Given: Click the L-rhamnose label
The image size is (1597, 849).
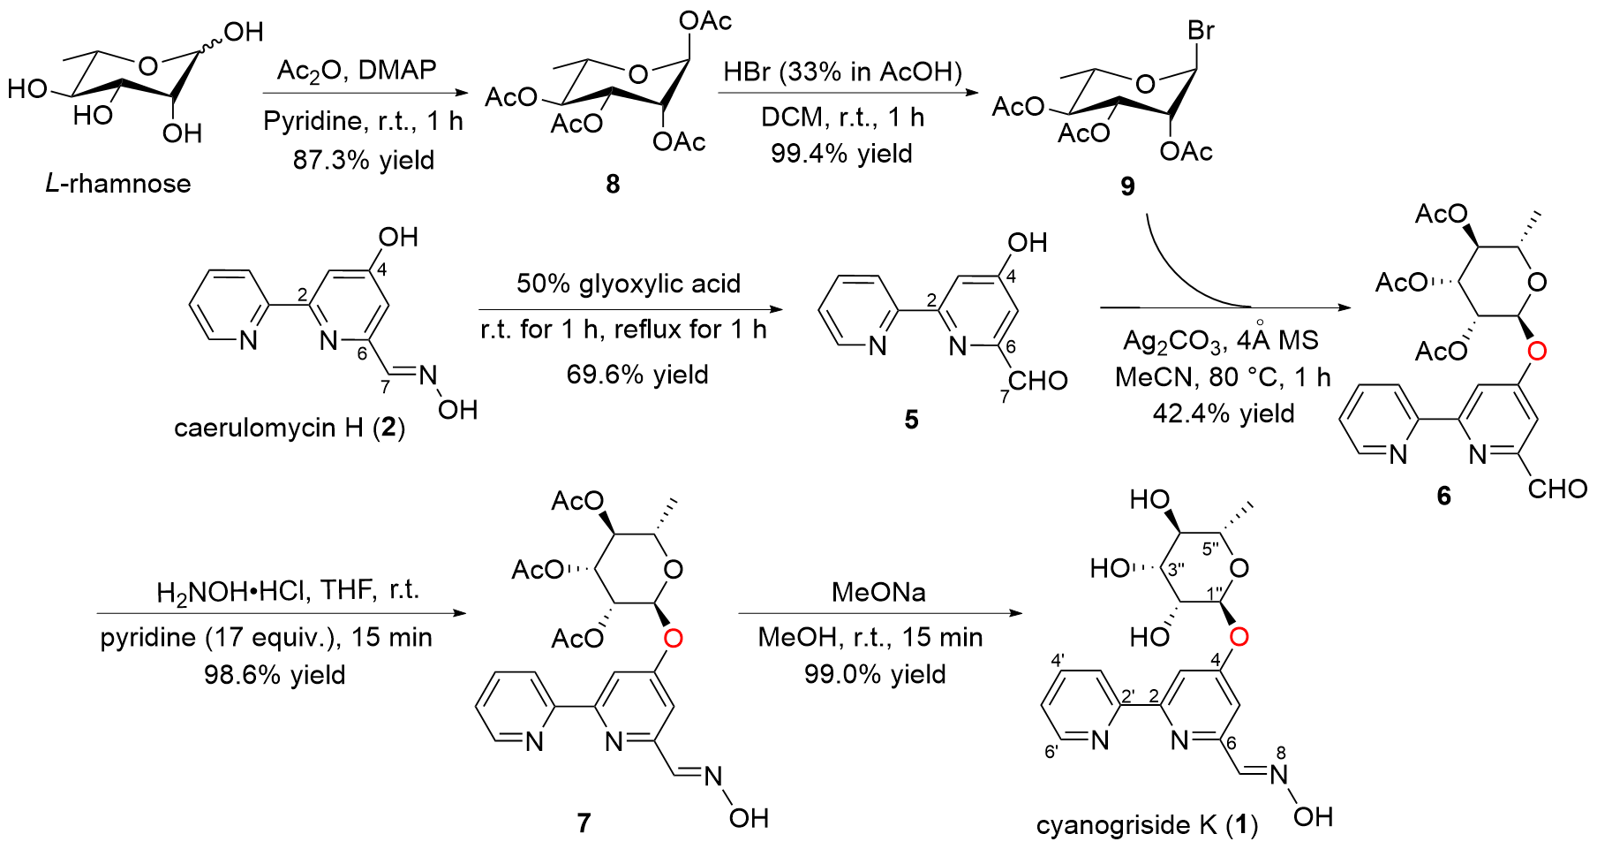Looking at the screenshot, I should coord(118,184).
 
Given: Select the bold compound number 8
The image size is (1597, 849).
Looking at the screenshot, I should coord(613,184).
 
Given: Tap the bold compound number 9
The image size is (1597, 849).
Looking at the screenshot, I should coord(1127,186).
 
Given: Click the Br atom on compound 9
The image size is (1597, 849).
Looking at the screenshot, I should coord(1201,31).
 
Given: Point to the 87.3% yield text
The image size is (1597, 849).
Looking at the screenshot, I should coord(364,160).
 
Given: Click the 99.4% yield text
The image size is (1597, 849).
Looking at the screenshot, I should coord(841,154).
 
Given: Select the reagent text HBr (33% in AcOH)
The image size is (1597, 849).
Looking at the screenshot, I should coord(842,72).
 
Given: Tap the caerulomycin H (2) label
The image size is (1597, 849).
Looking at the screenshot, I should coord(290,428).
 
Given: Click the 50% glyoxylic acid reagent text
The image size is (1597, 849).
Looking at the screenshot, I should coord(628,284).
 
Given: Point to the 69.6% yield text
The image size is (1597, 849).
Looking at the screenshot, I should coord(637,375).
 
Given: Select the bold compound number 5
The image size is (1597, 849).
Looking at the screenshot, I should coord(911,420).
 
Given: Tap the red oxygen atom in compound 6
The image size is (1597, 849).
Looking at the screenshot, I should coord(1536,352).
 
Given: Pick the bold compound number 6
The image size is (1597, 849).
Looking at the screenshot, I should coord(1443,496).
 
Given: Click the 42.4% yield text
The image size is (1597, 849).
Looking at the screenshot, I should coord(1224,413).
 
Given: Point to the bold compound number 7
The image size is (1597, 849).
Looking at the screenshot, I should coord(584,823).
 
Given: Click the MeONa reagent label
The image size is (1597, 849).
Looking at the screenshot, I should coord(878,592).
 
